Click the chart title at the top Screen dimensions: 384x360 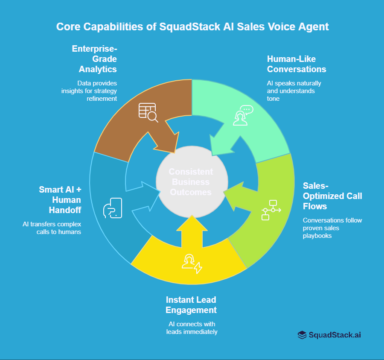192,26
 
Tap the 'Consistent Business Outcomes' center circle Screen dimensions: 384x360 191,182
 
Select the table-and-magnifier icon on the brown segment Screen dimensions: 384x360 148,112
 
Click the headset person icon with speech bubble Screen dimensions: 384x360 242,115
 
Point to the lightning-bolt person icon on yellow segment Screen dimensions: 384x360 192,263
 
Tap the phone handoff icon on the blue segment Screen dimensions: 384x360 113,208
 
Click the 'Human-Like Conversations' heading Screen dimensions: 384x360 296,64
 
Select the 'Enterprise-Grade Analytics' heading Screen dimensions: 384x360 94,59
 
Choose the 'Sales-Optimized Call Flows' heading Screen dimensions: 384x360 332,196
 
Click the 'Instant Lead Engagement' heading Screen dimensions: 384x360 191,305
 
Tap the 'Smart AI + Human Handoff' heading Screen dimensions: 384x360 60,199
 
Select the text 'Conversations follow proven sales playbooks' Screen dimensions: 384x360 332,228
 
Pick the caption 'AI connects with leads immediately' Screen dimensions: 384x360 191,328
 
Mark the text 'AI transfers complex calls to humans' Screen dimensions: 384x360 52,228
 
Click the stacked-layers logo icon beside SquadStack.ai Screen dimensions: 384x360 302,335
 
